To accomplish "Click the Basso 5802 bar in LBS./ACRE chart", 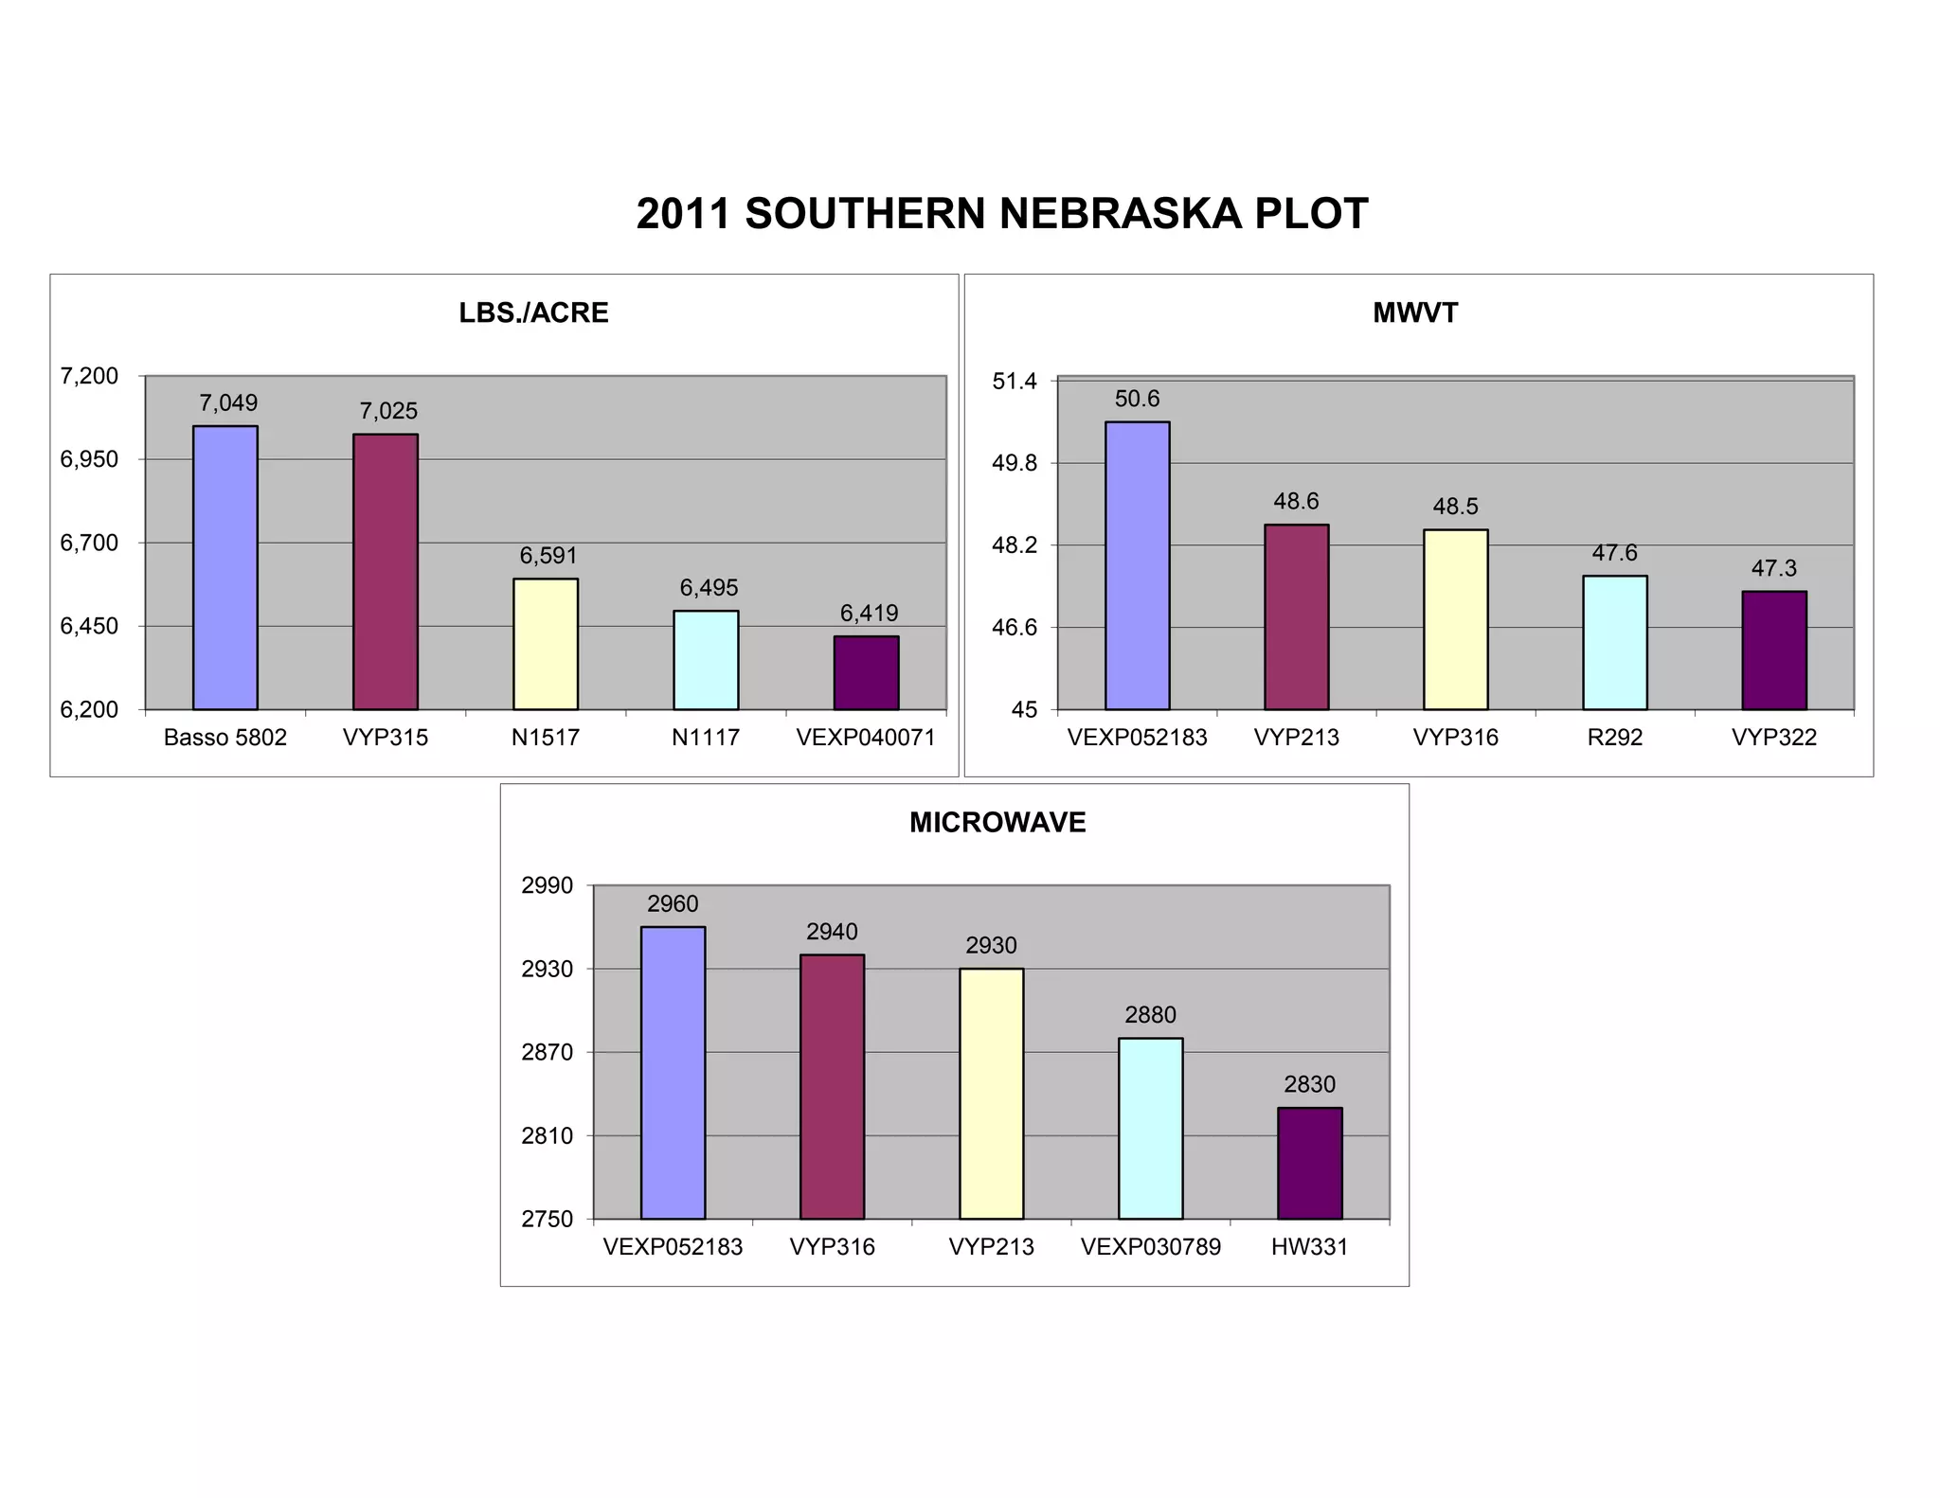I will (225, 568).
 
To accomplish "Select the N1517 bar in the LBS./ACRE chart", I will (546, 644).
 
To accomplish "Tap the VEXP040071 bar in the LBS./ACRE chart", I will (866, 673).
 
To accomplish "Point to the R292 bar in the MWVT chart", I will (1614, 643).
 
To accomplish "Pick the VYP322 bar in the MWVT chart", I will (1773, 651).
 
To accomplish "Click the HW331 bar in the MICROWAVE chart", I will (1309, 1164).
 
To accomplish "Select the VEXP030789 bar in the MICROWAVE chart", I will (1150, 1129).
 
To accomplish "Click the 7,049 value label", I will (228, 403).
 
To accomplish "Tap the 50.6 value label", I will (1137, 399).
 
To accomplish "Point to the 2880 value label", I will (1150, 1015).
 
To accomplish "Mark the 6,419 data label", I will (869, 614).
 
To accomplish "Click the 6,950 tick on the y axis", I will (89, 460).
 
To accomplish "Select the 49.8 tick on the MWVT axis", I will (1015, 464).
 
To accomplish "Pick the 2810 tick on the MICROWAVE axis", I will (548, 1136).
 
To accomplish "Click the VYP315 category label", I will (386, 738).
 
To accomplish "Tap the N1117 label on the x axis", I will (706, 738).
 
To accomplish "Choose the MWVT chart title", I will (1415, 313).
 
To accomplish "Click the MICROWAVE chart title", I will (997, 823).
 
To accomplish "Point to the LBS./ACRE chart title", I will (533, 313).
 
